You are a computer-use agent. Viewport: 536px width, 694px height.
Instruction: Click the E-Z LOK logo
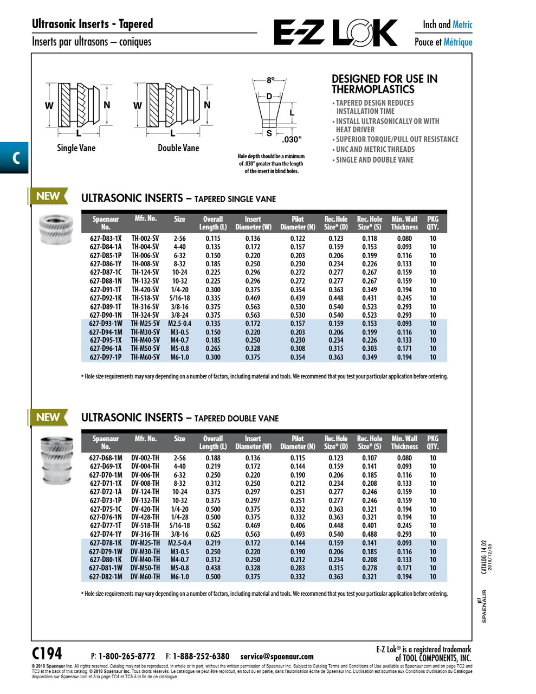coord(335,33)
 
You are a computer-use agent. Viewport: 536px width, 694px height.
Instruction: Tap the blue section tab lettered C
coord(14,158)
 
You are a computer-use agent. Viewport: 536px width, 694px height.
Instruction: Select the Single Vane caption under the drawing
coord(76,148)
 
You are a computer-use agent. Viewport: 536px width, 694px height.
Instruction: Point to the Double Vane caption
coord(178,148)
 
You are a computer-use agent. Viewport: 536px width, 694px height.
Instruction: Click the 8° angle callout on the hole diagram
coord(270,80)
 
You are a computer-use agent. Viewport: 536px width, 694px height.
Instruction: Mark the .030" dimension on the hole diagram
coord(292,139)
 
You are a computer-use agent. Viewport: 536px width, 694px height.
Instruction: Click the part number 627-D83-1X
coord(106,239)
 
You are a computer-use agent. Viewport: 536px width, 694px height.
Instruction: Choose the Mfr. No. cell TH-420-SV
coord(145,290)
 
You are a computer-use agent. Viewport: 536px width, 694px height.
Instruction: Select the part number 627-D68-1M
coord(106,458)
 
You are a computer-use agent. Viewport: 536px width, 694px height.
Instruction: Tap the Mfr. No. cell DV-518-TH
coord(145,525)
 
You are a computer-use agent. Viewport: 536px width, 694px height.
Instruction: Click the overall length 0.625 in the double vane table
coord(213,534)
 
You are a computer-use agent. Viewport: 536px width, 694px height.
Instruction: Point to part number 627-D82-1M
coord(106,577)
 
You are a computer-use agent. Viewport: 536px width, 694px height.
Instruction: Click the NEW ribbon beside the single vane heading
coord(48,196)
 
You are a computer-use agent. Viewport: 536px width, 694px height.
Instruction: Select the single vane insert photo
coord(56,229)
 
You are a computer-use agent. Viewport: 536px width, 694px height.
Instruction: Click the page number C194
coord(47,653)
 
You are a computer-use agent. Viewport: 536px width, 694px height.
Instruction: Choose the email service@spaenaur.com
coord(277,656)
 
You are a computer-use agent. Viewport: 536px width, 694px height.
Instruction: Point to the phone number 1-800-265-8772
coord(127,656)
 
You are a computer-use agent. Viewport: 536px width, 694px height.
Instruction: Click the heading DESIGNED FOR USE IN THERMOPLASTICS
coord(384,84)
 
